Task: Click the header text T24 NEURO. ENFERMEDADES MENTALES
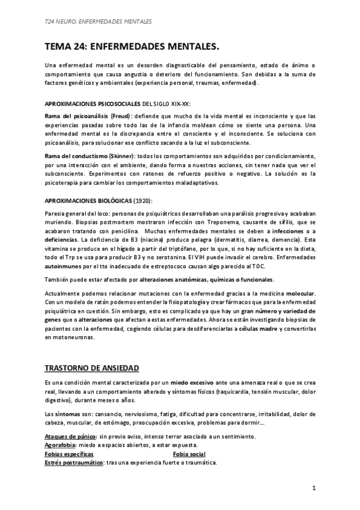click(x=99, y=22)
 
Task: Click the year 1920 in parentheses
click(x=142, y=200)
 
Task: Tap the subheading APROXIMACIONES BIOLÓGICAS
click(x=88, y=200)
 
